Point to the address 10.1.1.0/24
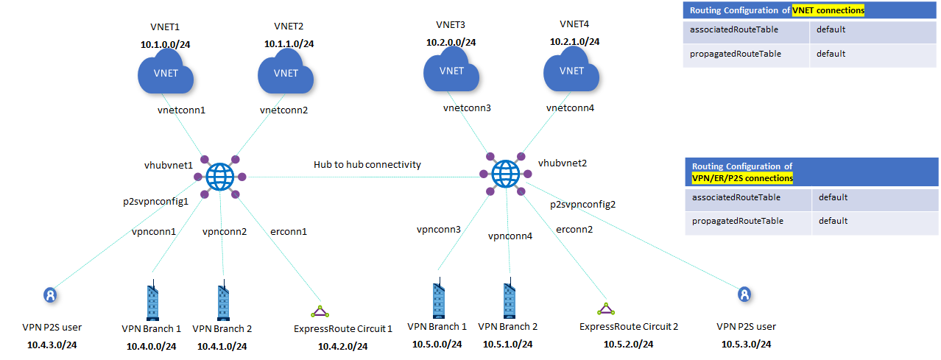point(289,44)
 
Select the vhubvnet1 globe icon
point(219,177)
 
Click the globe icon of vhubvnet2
point(505,174)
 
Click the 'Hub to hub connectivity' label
point(367,164)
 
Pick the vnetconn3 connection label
point(467,108)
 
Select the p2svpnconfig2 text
point(582,205)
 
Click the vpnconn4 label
point(510,236)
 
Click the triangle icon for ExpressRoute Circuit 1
point(319,311)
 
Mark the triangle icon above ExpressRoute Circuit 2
point(605,308)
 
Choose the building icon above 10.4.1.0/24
point(222,302)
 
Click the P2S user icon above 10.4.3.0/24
point(49,295)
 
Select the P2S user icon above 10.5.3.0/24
point(745,294)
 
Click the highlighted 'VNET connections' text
point(828,10)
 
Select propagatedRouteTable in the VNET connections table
point(725,54)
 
